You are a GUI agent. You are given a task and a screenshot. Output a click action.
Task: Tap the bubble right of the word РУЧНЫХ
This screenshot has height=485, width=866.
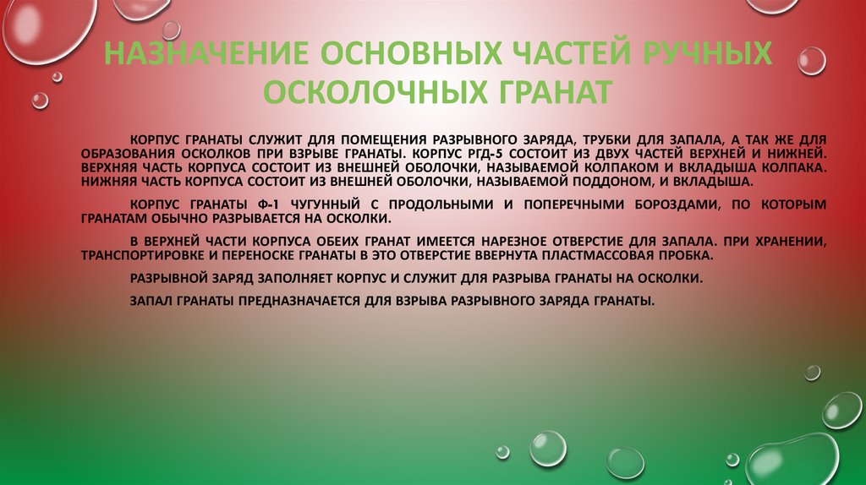pyautogui.click(x=813, y=61)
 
